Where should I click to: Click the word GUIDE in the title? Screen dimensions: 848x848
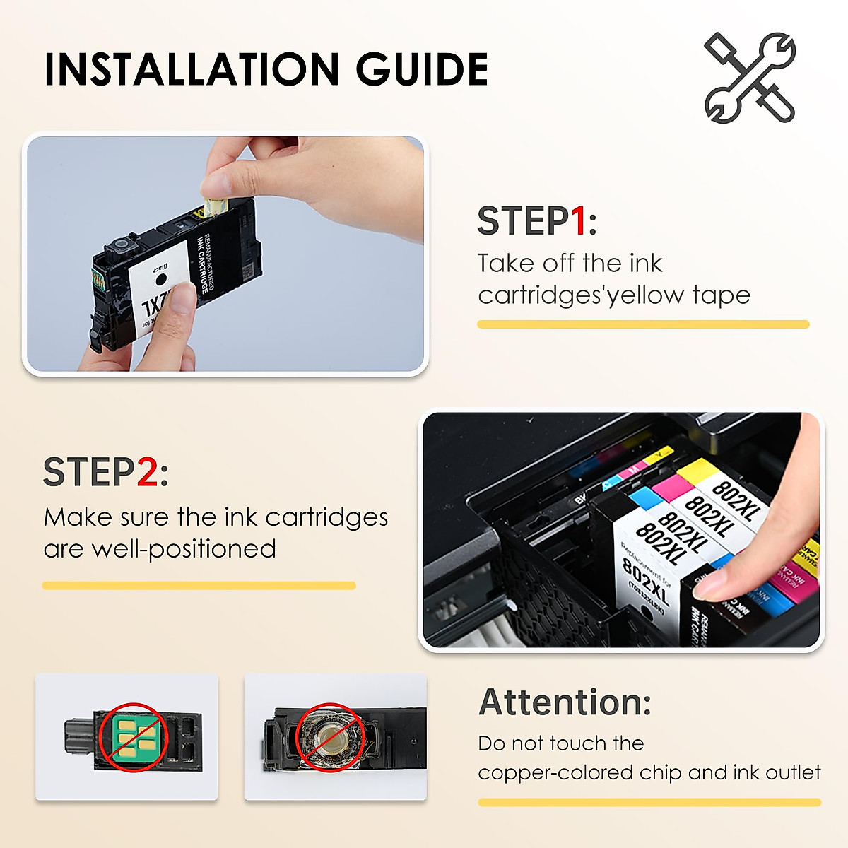422,69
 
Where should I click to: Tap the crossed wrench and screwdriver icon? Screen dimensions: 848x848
750,77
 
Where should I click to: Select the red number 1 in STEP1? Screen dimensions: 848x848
578,221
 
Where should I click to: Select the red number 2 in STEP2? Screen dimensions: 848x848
147,472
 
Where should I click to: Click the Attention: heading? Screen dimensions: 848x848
565,702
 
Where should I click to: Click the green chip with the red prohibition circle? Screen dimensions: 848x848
132,736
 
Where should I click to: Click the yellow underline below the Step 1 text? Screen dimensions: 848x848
643,324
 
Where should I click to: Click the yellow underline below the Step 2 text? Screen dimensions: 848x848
199,585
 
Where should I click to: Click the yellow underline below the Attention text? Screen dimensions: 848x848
649,802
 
